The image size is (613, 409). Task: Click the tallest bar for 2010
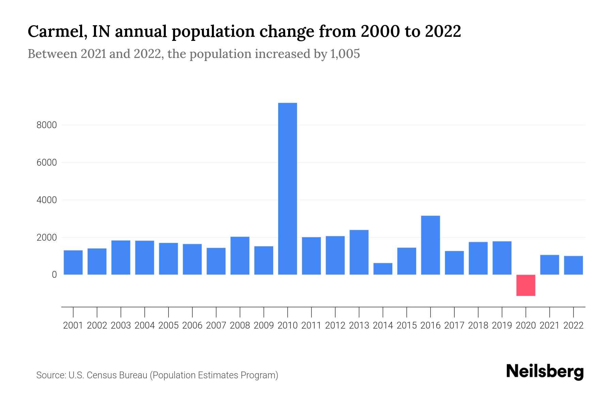[287, 188]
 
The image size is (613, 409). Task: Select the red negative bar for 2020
[525, 285]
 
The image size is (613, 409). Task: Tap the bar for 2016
[430, 245]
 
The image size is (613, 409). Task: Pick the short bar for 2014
[383, 269]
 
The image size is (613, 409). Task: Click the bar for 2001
[73, 262]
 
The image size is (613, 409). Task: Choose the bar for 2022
[573, 265]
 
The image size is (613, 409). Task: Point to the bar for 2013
[359, 252]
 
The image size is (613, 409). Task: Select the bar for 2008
[240, 256]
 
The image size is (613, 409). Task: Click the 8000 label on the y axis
[47, 125]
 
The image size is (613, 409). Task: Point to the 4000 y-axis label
[47, 200]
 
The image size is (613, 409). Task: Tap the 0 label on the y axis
[54, 275]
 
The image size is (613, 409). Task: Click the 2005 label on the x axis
[168, 325]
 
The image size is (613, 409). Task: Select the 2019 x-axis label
[502, 325]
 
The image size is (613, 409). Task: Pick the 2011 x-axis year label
[311, 325]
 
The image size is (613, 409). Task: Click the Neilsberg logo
[545, 372]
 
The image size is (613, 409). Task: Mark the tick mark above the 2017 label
[454, 312]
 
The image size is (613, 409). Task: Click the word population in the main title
[213, 31]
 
